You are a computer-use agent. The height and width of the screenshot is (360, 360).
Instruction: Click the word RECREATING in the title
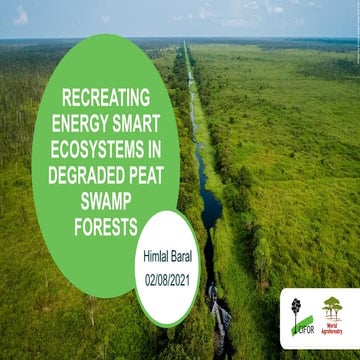click(x=105, y=98)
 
